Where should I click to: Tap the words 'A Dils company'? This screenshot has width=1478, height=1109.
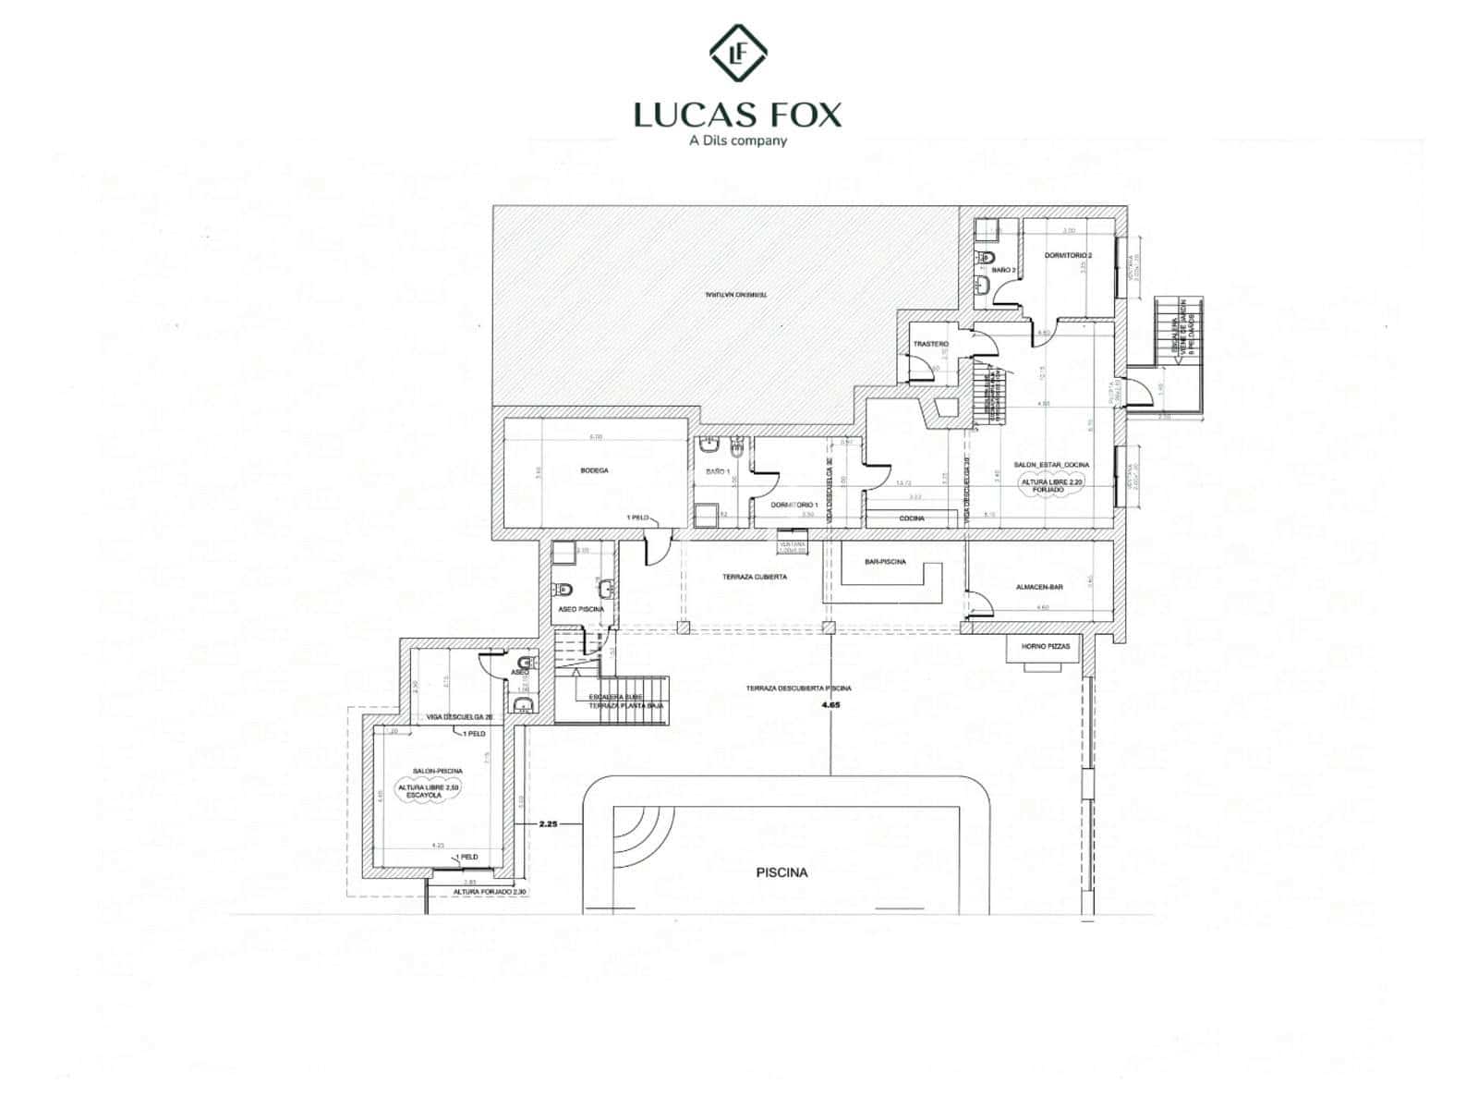coord(738,140)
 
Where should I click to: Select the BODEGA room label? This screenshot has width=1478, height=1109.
coord(594,470)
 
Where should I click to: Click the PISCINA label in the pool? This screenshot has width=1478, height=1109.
coord(781,871)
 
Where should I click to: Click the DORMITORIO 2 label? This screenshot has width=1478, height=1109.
coord(1068,255)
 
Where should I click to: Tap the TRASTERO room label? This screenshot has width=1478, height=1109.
coord(930,344)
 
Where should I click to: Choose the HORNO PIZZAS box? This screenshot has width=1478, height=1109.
coord(1046,646)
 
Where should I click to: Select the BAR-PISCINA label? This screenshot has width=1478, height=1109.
coord(885,561)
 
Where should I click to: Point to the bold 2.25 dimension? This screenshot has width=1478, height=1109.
coord(548,823)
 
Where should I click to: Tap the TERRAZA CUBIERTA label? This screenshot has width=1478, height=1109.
coord(755,576)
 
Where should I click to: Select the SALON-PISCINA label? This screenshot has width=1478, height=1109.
coord(438,770)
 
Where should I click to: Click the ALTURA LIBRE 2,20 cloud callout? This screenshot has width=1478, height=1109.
coord(1039,487)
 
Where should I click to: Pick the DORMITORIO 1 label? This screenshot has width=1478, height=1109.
coord(795,505)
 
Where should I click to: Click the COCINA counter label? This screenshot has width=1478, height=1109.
coord(912,518)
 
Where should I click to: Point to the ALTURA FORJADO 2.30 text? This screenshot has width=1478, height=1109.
coord(489,892)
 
